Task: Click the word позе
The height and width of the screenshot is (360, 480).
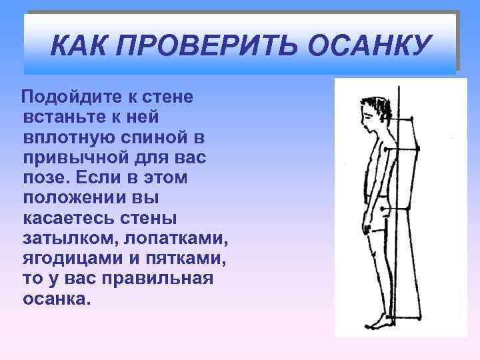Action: (x=45, y=179)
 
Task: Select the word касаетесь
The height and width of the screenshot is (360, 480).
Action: (x=72, y=219)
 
